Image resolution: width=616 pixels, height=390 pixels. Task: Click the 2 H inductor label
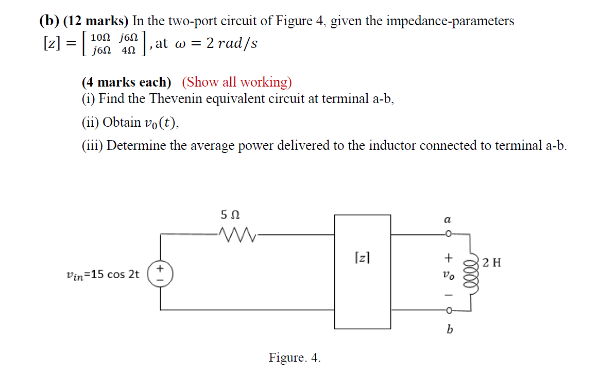(x=492, y=263)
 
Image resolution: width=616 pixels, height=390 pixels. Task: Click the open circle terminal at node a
(x=449, y=234)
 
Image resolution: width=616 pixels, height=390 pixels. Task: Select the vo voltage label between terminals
(x=449, y=276)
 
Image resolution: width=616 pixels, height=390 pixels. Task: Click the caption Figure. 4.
(x=294, y=358)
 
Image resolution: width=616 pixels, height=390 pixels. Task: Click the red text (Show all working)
(x=237, y=82)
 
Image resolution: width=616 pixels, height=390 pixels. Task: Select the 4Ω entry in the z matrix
(x=129, y=50)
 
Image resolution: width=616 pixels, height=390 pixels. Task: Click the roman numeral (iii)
(x=93, y=146)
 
